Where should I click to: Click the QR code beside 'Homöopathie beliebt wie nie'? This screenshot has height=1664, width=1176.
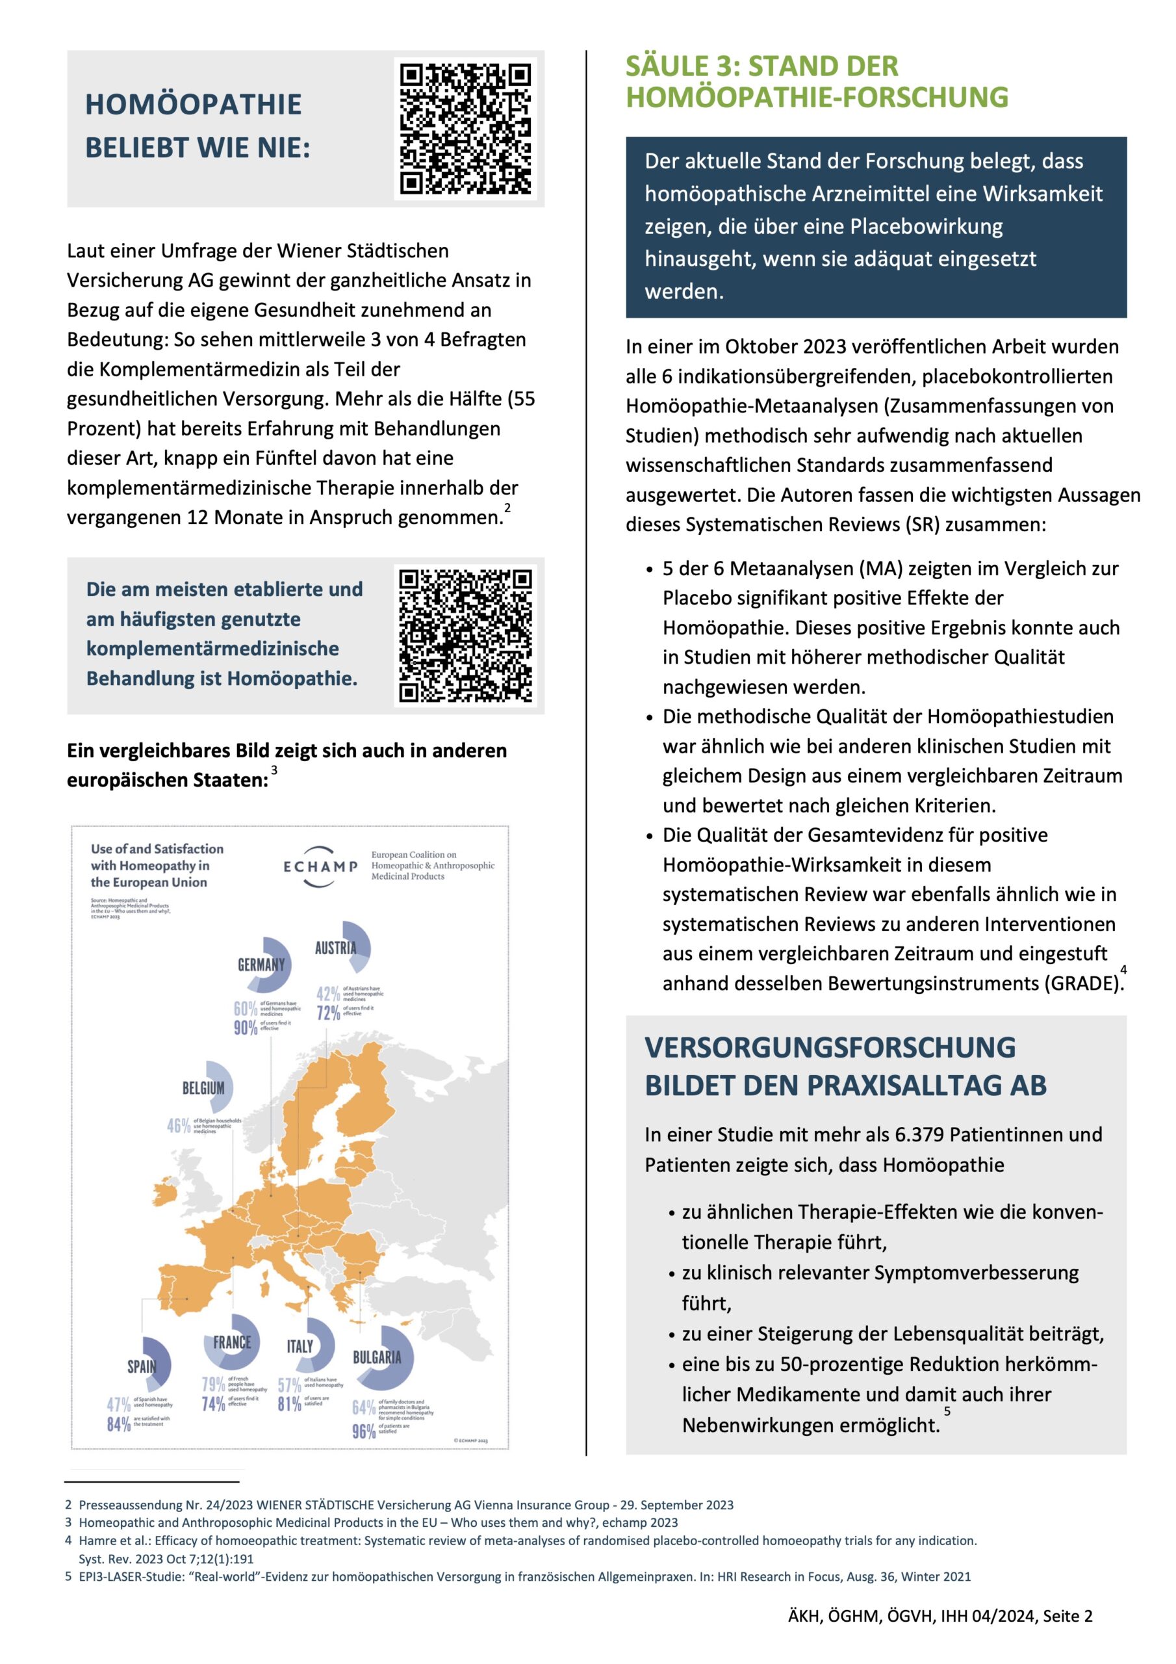pyautogui.click(x=465, y=128)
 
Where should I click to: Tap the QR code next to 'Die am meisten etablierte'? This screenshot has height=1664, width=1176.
pyautogui.click(x=465, y=636)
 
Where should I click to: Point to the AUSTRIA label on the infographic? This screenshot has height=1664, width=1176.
pyautogui.click(x=335, y=948)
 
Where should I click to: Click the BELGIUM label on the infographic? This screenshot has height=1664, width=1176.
pyautogui.click(x=203, y=1088)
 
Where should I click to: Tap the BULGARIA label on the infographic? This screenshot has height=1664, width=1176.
pyautogui.click(x=377, y=1357)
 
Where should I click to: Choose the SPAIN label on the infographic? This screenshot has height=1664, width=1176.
pyautogui.click(x=142, y=1366)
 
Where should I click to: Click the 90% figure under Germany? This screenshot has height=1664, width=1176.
pyautogui.click(x=246, y=1028)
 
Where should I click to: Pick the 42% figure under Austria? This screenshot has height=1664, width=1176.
pyautogui.click(x=328, y=994)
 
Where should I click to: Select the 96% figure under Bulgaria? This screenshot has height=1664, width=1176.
pyautogui.click(x=364, y=1431)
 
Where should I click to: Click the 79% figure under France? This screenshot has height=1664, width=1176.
pyautogui.click(x=213, y=1384)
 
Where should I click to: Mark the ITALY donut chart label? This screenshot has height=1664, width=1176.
pyautogui.click(x=300, y=1347)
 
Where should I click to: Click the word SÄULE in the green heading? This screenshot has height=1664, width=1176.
pyautogui.click(x=667, y=67)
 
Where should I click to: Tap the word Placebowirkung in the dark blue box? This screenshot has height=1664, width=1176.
pyautogui.click(x=926, y=227)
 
